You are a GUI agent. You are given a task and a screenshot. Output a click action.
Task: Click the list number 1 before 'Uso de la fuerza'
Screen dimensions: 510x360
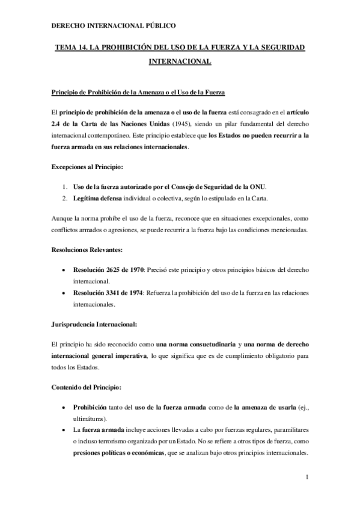(x=65, y=186)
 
